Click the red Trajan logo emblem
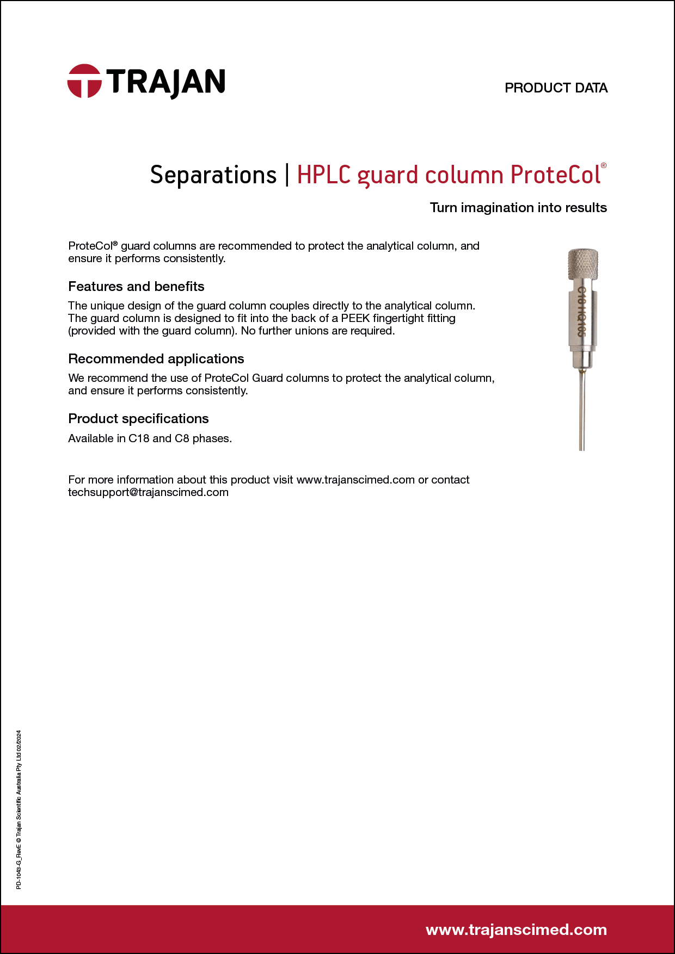click(84, 82)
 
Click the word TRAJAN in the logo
click(165, 83)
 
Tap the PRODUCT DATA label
click(556, 88)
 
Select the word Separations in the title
click(213, 175)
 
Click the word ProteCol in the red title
click(556, 175)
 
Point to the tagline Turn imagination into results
click(518, 208)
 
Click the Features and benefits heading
click(136, 287)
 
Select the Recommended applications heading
click(156, 359)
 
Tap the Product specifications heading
click(138, 419)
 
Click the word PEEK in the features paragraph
click(355, 318)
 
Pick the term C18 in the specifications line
click(139, 438)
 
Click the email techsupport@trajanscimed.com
click(148, 493)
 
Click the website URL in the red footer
click(516, 930)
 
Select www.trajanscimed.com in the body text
click(355, 480)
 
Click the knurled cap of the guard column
click(583, 264)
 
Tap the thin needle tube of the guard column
click(582, 413)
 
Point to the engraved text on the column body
click(581, 312)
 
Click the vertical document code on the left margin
click(19, 810)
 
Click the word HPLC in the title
click(324, 175)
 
